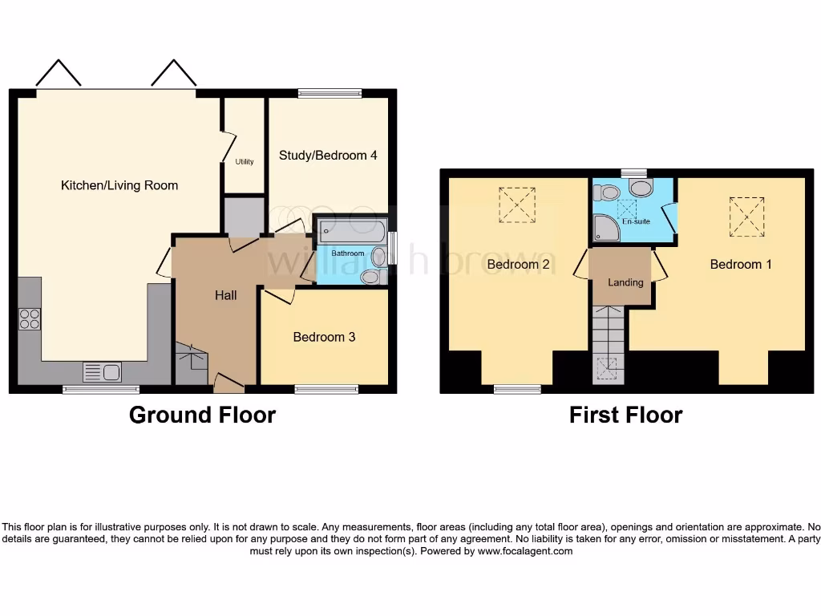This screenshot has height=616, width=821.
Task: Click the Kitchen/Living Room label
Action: click(119, 185)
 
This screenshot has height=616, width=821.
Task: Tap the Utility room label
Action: click(245, 162)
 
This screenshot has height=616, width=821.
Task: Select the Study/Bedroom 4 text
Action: click(328, 155)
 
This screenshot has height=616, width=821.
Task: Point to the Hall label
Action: click(225, 295)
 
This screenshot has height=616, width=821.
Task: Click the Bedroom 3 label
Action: click(324, 337)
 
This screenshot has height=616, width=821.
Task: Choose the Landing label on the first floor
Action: click(625, 282)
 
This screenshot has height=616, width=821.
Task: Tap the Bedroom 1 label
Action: click(741, 264)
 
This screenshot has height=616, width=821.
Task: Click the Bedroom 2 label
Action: click(518, 264)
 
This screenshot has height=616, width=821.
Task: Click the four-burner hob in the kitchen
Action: click(30, 319)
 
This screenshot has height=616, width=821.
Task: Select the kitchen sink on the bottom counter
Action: click(102, 372)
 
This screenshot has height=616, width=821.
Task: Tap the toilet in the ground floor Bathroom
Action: click(371, 277)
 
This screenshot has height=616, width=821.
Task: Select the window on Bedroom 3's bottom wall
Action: click(326, 390)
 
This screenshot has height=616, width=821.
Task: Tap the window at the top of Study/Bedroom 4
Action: click(330, 93)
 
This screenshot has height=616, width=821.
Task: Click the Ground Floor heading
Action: click(202, 415)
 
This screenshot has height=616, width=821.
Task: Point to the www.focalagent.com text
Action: click(525, 551)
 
